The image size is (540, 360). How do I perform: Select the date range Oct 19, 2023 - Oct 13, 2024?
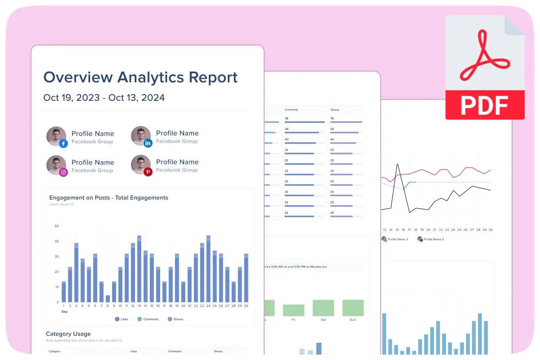pos(104,98)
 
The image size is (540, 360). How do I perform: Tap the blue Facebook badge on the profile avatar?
pos(63,144)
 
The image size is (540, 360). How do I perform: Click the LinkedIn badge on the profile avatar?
pos(148,143)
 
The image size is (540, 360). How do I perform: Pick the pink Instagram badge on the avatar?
pos(63,172)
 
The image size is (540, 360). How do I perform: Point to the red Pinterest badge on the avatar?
pos(148,171)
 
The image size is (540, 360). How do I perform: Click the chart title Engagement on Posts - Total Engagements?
pos(108,198)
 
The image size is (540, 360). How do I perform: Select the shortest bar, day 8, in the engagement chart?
pos(108,298)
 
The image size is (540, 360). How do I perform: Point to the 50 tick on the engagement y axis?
pos(57,226)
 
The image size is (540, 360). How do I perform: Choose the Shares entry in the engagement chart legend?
pos(175,319)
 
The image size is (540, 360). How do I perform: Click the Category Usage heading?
pos(68,334)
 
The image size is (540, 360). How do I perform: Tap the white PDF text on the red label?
pos(485,105)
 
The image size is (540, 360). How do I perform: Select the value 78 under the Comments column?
pos(287,118)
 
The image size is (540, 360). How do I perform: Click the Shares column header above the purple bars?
pos(334,110)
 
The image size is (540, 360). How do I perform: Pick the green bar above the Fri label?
pos(293,310)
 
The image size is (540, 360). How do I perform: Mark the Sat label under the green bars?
pos(323,319)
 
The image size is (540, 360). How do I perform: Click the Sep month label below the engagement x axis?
pos(64,311)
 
